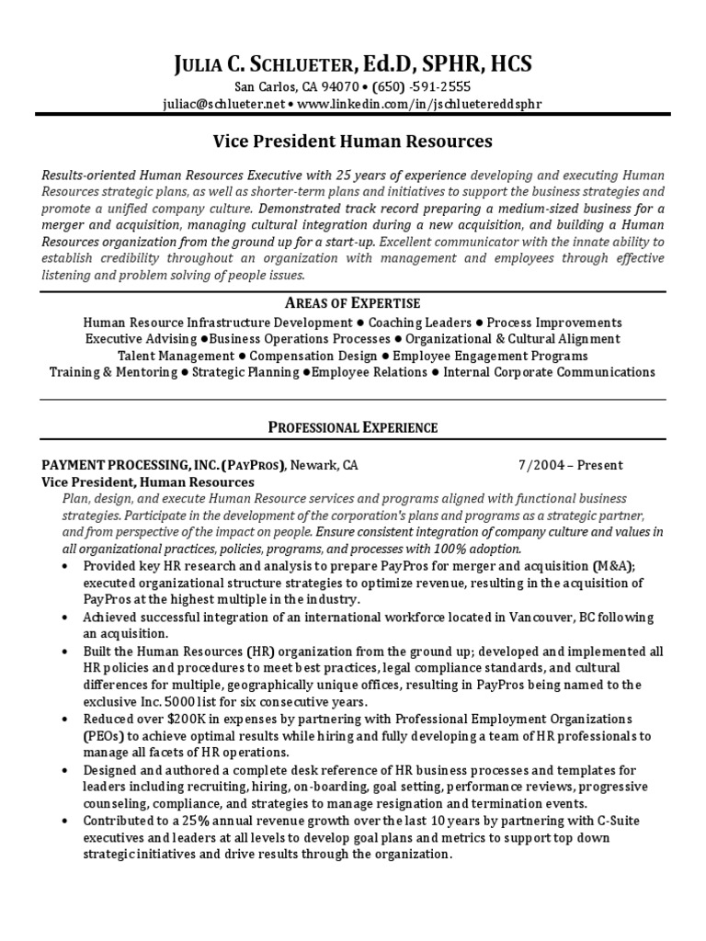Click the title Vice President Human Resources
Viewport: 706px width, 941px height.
353,142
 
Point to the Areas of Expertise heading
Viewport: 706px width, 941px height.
353,303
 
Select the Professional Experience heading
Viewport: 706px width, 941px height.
353,427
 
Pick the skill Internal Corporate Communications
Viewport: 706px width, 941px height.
549,372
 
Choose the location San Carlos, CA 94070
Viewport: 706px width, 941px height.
295,87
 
